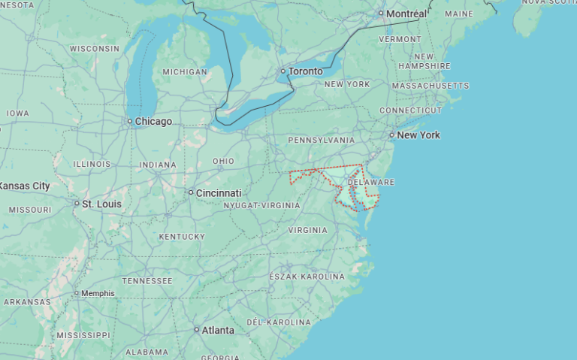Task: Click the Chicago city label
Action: coord(153,121)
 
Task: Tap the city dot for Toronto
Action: coord(283,71)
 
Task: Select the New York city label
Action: coord(418,135)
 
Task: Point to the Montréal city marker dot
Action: coord(381,14)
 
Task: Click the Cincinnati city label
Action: coord(219,192)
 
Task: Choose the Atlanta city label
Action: coord(218,330)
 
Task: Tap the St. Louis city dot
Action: coord(77,204)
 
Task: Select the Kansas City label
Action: coord(24,186)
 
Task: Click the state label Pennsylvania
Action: coord(322,140)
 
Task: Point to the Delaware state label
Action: coord(370,182)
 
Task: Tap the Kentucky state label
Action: coord(182,237)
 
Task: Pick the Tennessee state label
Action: coord(147,280)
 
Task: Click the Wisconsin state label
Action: coord(95,48)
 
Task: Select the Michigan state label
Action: coord(185,71)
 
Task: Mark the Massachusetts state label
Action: coord(430,86)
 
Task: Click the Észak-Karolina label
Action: coord(307,277)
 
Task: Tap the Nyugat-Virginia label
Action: coord(261,205)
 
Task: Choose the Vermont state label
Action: coord(400,38)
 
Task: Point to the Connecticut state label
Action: coord(410,110)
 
